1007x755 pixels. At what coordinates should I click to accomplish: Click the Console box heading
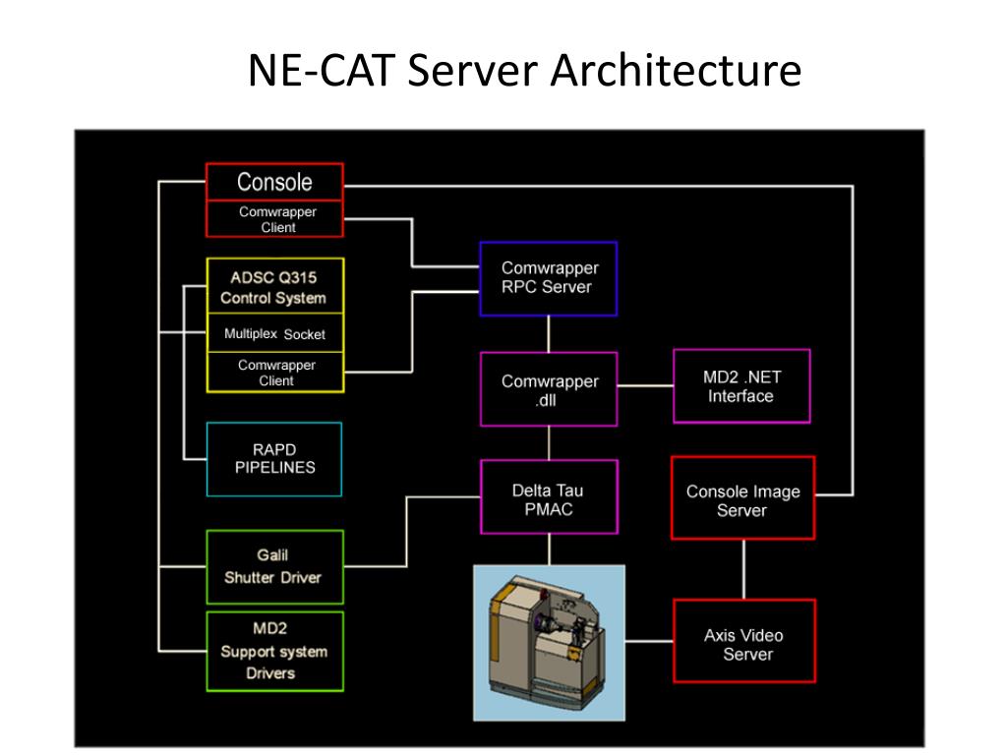pos(274,182)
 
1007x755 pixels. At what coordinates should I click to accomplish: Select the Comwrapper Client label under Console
pos(277,219)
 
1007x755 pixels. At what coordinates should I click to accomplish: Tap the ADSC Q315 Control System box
pos(274,287)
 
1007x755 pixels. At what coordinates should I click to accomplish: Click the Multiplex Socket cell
pos(274,334)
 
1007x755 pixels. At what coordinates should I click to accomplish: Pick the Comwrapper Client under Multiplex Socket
pos(276,373)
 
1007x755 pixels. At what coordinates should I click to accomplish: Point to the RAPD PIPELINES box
pos(274,459)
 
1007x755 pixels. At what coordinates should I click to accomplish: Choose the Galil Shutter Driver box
pos(273,567)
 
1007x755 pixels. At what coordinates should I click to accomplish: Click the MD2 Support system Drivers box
pos(273,651)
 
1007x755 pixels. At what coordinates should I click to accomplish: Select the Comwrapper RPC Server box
pos(548,278)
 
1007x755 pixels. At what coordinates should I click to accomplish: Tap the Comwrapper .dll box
pos(549,389)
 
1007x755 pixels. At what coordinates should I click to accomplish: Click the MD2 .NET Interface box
pos(741,386)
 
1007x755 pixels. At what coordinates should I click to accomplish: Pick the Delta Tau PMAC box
pos(549,498)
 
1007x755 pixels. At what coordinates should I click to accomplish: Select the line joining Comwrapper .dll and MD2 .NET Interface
pos(645,386)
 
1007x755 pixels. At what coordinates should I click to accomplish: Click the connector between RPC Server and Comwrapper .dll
pos(549,334)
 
